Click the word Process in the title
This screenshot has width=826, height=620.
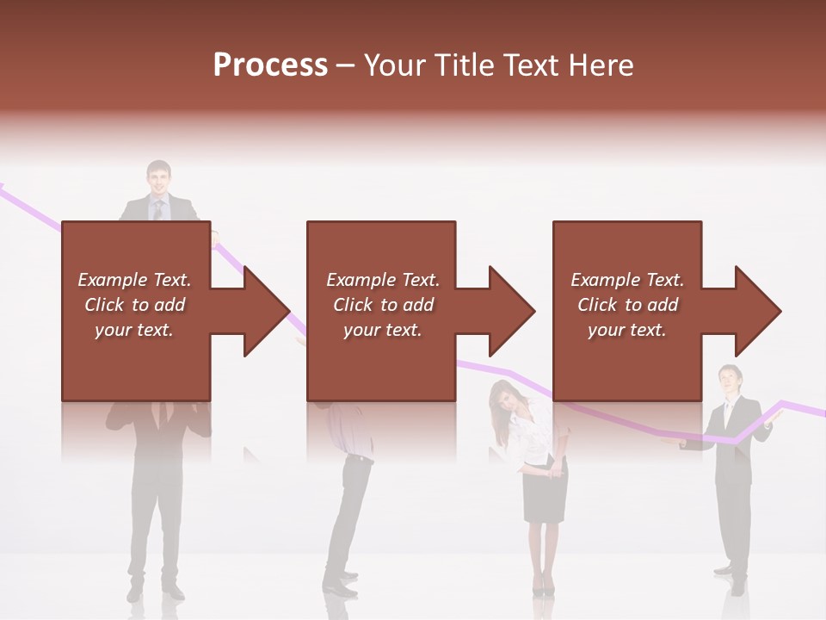[270, 65]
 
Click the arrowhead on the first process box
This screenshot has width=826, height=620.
[266, 311]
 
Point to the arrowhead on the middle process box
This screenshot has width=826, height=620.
[511, 311]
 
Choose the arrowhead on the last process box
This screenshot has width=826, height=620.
[758, 311]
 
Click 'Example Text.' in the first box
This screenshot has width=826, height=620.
[134, 280]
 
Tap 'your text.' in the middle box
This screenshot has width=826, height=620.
[382, 330]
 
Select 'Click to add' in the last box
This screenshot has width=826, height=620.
[627, 305]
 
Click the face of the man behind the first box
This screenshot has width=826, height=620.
[158, 178]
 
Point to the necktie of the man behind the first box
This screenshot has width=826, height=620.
[157, 210]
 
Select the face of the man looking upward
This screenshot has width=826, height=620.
[730, 380]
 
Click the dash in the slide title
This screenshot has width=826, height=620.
[346, 65]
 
